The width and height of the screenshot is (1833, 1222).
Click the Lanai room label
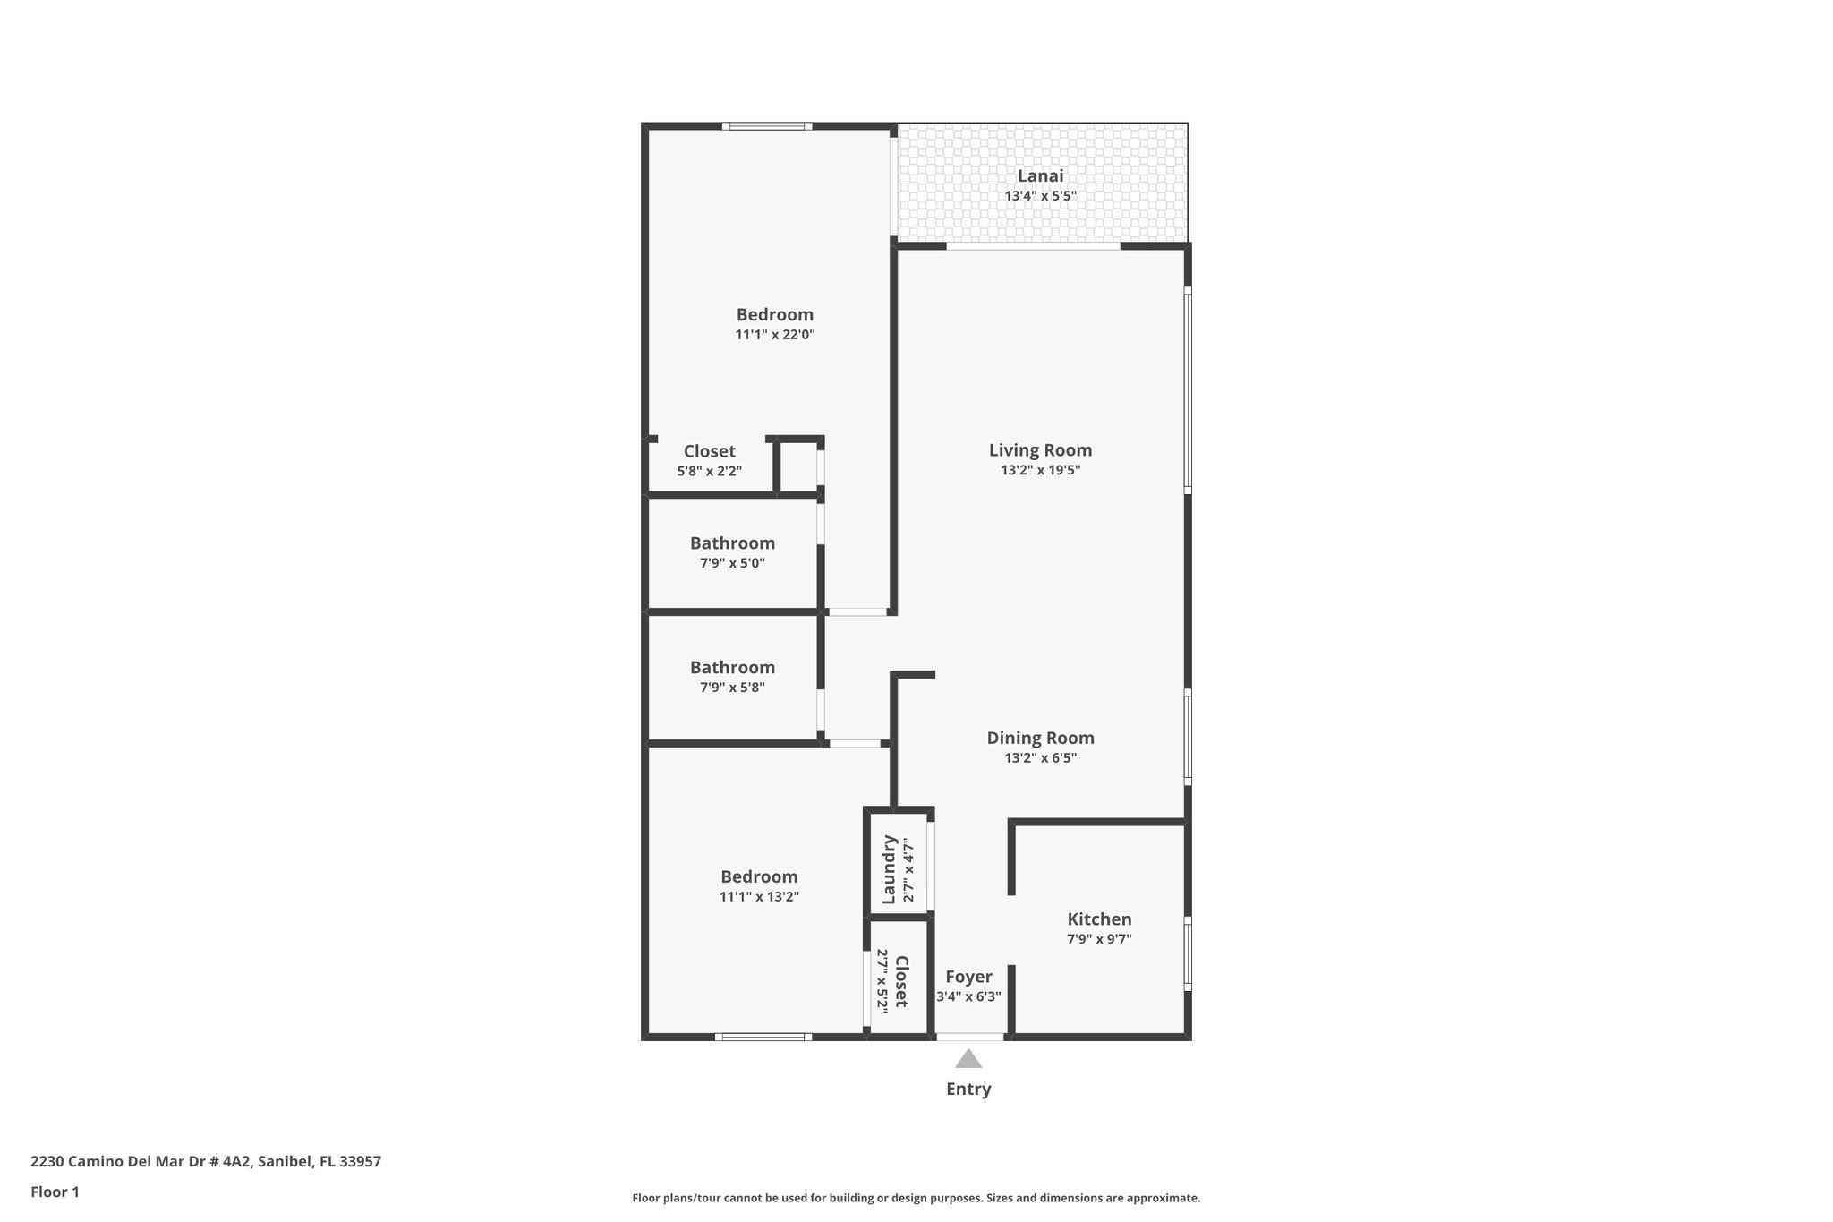coord(1040,176)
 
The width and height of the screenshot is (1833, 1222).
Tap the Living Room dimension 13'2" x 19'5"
coord(1040,470)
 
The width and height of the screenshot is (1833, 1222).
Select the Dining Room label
coord(1040,738)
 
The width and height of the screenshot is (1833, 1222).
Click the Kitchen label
coord(1099,919)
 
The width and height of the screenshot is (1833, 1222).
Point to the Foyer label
coord(968,977)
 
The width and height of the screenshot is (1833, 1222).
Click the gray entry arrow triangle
coord(968,1060)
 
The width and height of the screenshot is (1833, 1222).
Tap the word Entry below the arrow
coord(968,1090)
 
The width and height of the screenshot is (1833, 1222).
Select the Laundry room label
coord(890,869)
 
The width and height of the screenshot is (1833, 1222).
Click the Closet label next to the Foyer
coord(901,981)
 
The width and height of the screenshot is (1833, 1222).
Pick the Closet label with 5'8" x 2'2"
coord(709,451)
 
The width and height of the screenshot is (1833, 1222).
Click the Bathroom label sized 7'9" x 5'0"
coord(732,543)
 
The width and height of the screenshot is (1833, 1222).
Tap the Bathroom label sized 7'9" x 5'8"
coord(732,668)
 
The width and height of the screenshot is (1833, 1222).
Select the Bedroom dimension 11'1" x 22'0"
coord(775,335)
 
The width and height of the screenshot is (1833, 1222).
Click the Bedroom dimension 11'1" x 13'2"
coord(759,897)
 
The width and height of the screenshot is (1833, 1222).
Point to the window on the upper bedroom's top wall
coord(767,126)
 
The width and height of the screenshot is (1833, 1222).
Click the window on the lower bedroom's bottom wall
coord(763,1037)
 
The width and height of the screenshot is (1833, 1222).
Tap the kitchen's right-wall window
coord(1188,953)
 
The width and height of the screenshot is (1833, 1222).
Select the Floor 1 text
coord(55,1192)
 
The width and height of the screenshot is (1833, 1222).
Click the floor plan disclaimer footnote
coord(916,1198)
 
